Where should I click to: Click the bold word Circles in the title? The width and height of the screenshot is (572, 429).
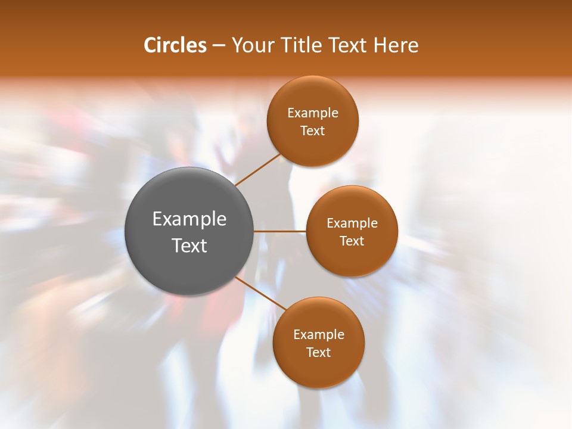coord(175,45)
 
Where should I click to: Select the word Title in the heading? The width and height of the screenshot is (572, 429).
coord(302,45)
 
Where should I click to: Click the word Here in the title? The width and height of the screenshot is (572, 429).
coord(396,45)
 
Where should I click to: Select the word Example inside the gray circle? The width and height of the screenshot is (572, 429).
coord(189,219)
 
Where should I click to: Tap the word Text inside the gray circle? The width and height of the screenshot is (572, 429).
coord(189,245)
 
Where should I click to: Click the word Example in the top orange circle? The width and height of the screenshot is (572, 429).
coord(313,113)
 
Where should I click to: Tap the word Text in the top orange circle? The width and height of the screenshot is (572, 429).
coord(313,130)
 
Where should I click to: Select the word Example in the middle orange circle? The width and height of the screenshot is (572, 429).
coord(352,223)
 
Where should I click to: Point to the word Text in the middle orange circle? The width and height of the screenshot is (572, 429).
coord(352,241)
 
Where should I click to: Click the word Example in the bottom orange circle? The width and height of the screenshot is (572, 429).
coord(319,335)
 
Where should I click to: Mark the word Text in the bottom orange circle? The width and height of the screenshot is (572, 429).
coord(319,352)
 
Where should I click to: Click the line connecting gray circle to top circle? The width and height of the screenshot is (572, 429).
coord(257,170)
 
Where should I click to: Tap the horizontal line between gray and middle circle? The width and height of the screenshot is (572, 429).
coord(280,231)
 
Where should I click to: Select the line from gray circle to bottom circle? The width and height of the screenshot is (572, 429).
coord(261,293)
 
